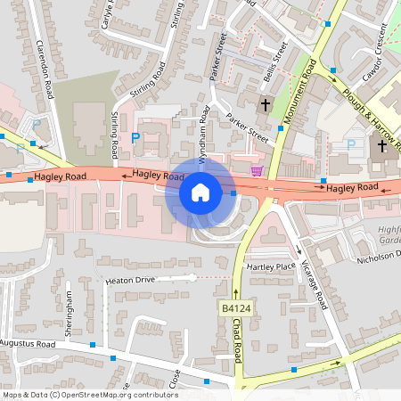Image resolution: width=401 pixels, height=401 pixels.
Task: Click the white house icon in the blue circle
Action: tap(200, 192)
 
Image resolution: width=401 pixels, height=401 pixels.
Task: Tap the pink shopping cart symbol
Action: tap(258, 170)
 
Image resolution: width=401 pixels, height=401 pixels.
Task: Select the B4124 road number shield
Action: tap(233, 307)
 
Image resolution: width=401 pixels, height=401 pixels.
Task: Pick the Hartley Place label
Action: tap(271, 266)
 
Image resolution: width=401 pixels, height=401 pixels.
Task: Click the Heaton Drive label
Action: tap(130, 280)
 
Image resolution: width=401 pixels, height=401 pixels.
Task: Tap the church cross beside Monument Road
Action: tap(265, 105)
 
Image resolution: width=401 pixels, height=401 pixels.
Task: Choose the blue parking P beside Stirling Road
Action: tap(135, 138)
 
